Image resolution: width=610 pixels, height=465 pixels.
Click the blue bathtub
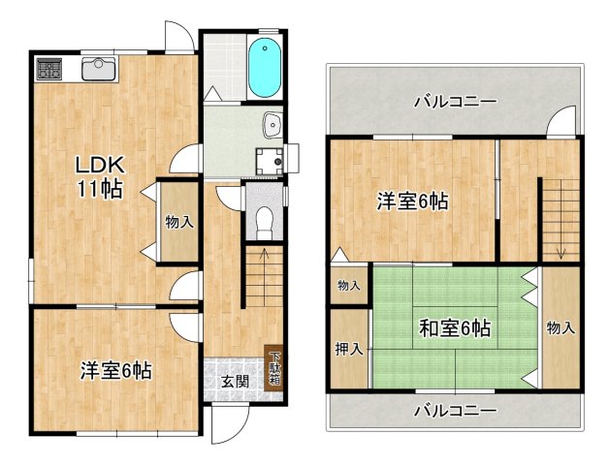(264, 68)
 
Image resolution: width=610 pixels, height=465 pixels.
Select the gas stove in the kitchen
(49, 69)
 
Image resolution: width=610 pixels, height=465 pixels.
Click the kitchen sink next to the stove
(98, 68)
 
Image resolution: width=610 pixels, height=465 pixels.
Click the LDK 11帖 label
(101, 174)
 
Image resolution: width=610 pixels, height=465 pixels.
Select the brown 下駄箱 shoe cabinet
(275, 367)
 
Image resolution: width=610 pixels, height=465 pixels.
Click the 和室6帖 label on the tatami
(456, 328)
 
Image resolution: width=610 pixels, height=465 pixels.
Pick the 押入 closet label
(348, 349)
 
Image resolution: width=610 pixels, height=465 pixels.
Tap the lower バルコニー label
(455, 410)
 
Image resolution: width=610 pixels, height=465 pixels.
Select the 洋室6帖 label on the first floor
(115, 369)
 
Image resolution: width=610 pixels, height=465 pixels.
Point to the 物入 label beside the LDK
(179, 222)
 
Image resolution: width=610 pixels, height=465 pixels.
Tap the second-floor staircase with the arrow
(560, 218)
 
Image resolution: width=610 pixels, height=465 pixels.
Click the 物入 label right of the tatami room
(561, 327)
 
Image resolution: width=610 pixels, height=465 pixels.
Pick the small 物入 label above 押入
(348, 285)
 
